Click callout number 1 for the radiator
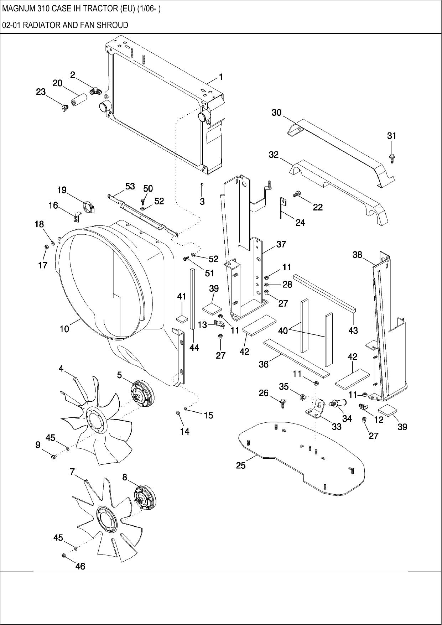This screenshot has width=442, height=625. click(221, 77)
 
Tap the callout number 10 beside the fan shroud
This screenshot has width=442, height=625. click(64, 329)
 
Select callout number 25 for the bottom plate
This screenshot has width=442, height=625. click(241, 465)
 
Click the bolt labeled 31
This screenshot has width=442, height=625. click(392, 157)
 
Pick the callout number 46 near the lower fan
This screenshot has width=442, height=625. click(80, 566)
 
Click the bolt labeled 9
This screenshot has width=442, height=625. click(54, 457)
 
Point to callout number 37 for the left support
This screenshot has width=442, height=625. click(281, 244)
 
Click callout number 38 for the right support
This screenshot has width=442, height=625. click(357, 255)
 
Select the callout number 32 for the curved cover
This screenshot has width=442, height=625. click(274, 155)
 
